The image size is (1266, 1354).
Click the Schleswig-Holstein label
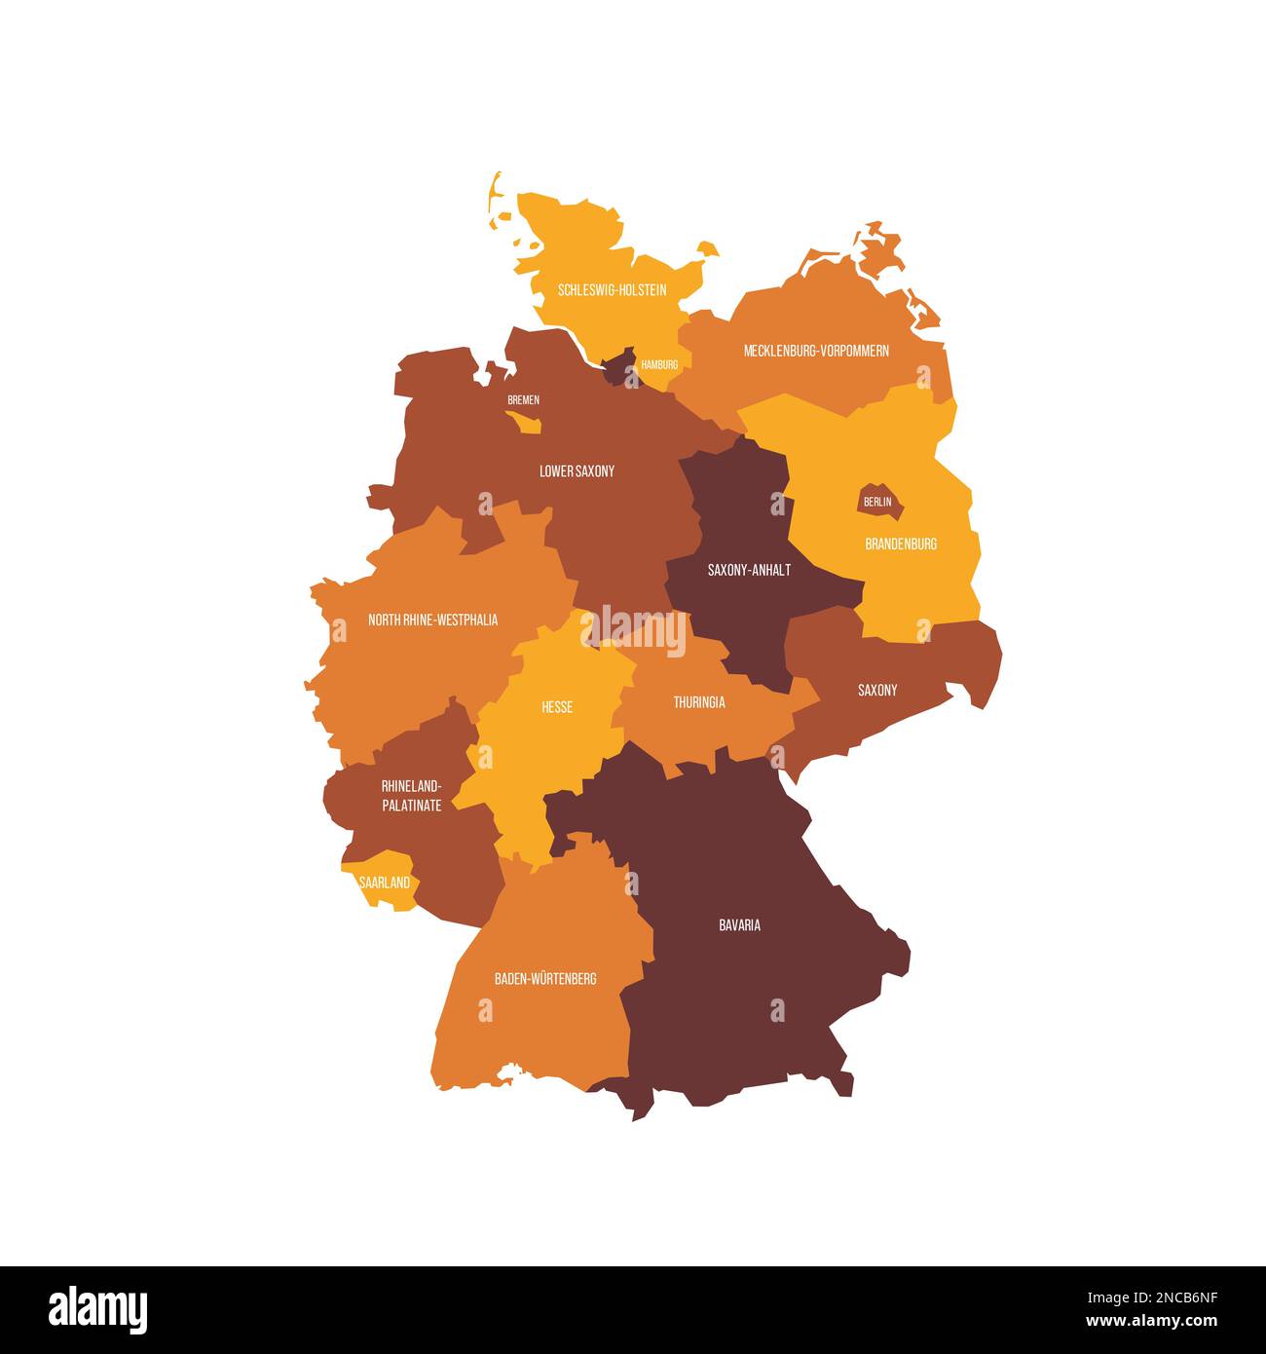[x=612, y=290]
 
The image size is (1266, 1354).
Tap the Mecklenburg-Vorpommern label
[x=816, y=351]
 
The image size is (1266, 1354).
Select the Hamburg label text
[x=659, y=364]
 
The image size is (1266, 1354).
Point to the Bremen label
[x=523, y=399]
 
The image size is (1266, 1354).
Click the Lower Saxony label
[x=577, y=471]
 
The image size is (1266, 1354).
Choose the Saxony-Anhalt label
[x=749, y=570]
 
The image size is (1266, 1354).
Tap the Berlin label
[x=877, y=502]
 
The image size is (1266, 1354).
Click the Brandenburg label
[x=901, y=544]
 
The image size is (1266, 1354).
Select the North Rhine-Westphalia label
[x=432, y=620]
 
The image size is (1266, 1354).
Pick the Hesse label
[x=557, y=707]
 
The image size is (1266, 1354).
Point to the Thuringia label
[x=699, y=702]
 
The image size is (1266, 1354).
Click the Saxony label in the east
[x=877, y=691]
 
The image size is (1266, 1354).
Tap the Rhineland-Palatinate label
[x=411, y=796]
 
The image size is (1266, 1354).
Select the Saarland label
[x=384, y=883]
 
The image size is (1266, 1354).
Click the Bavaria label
[x=739, y=925]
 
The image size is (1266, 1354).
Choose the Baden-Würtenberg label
[x=545, y=978]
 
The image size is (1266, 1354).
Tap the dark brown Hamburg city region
[x=618, y=368]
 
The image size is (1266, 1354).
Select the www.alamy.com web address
[x=1150, y=1322]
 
